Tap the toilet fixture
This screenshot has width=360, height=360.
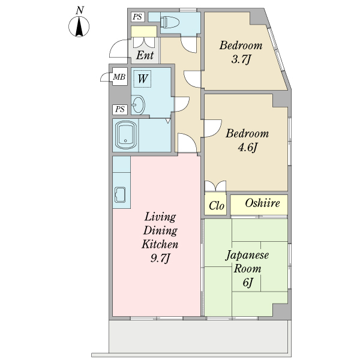pos(169,22)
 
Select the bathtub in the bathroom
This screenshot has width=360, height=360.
pos(125,135)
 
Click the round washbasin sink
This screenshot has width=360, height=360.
pos(138,105)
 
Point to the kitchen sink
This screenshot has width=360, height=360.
pos(120,194)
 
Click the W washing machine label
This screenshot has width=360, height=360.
pos(142,79)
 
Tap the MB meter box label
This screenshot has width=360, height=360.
pos(119,77)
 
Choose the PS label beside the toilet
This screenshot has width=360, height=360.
pos(138,17)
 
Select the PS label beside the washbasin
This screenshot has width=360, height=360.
pos(120,109)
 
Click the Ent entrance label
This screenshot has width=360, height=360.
pos(145,55)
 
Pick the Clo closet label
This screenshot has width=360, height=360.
pos(216,206)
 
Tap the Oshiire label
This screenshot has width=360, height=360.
pos(262,203)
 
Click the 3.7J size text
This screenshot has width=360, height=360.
pos(241,59)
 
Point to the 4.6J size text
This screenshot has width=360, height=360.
pos(247,147)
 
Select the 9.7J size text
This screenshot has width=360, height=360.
pos(160,258)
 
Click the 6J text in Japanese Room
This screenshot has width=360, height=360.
pos(247,283)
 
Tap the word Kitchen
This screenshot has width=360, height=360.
pos(160,244)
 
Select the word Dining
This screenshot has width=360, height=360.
pos(160,230)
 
